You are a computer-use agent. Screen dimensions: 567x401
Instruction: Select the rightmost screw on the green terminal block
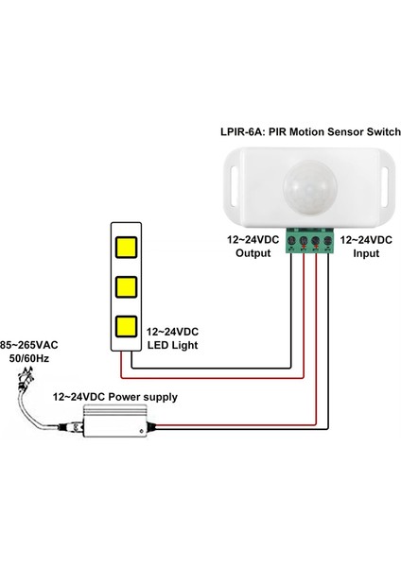point(327,244)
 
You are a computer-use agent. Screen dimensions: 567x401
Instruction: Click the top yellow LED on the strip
point(125,248)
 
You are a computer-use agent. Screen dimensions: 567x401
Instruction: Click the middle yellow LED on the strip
point(125,287)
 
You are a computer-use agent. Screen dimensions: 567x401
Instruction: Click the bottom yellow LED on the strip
point(125,327)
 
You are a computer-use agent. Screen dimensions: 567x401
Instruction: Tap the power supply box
point(114,422)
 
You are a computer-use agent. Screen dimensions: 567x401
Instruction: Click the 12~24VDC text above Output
point(252,241)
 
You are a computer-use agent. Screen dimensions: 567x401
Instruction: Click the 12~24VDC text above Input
point(365,241)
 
